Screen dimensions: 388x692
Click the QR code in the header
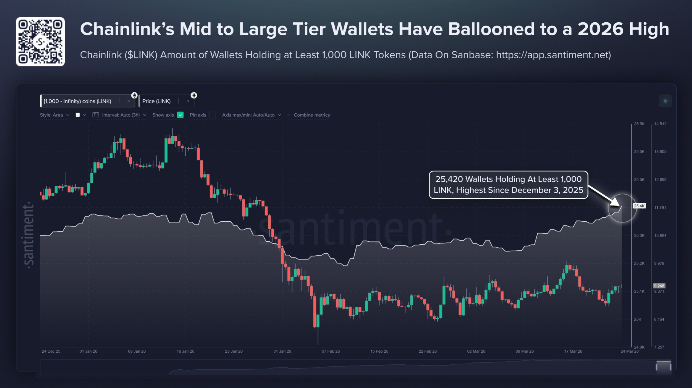pos(40,42)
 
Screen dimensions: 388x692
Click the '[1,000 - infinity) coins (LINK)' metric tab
pos(77,101)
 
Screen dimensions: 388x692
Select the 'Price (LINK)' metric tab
pos(156,101)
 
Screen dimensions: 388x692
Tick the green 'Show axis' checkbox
pos(180,115)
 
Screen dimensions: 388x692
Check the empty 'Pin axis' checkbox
pos(213,115)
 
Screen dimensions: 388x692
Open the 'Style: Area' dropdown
pos(55,115)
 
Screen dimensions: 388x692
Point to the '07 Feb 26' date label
pos(331,351)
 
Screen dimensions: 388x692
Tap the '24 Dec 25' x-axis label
pos(51,351)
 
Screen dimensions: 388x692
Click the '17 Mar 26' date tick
pos(573,351)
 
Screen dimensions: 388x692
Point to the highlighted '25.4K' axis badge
pos(639,206)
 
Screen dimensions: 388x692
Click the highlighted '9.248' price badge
pos(659,286)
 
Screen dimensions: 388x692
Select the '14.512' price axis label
pos(660,124)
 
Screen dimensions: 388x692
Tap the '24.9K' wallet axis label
pos(639,347)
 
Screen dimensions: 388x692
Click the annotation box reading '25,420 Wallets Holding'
pos(508,185)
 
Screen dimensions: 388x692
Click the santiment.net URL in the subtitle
pos(553,55)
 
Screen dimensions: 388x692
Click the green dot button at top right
pos(665,101)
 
